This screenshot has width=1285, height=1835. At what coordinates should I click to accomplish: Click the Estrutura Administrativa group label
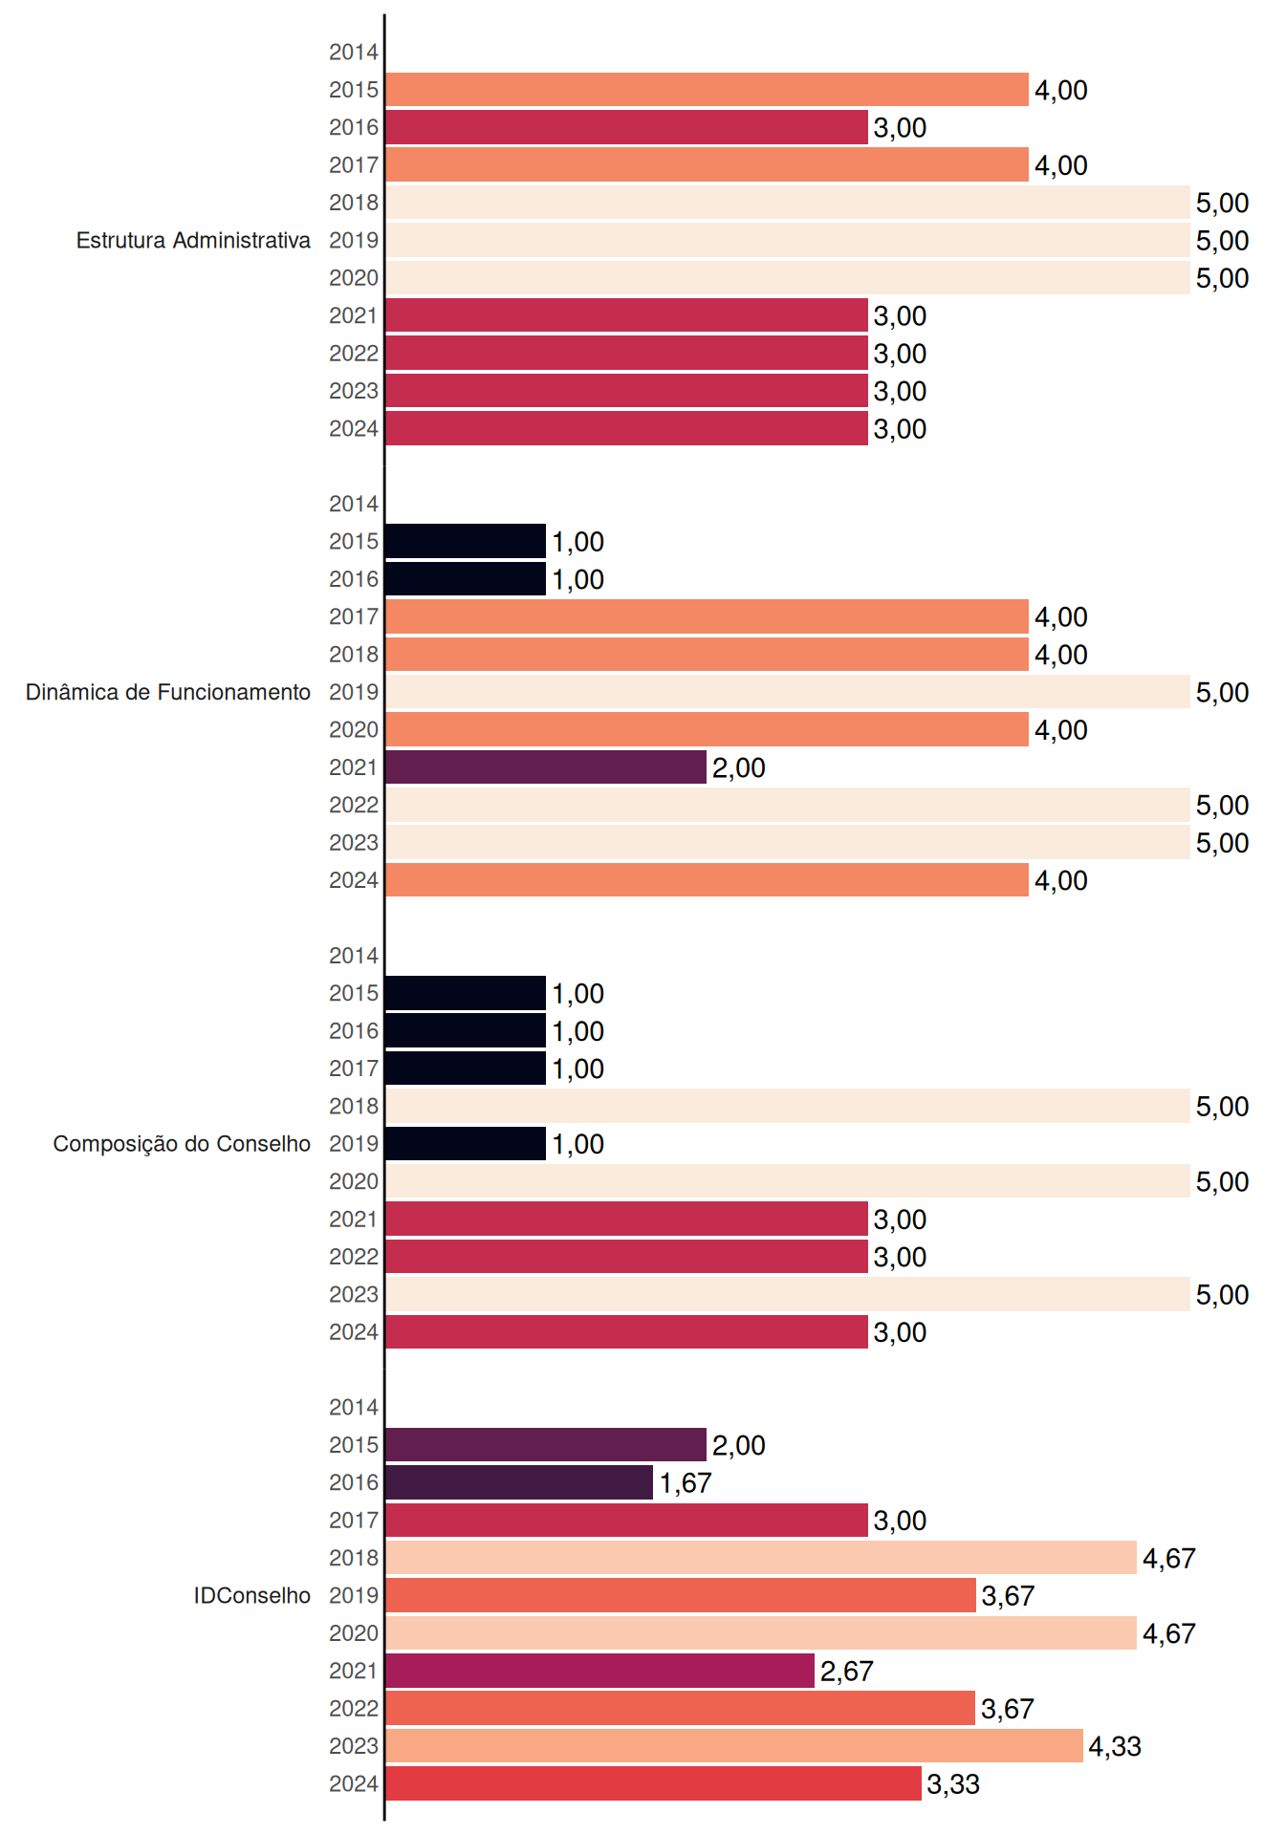click(x=193, y=240)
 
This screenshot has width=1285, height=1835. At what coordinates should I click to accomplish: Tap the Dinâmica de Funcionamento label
click(x=168, y=692)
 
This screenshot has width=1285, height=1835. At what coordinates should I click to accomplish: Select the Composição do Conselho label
click(x=182, y=1144)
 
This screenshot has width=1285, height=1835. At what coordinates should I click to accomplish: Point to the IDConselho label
click(x=252, y=1595)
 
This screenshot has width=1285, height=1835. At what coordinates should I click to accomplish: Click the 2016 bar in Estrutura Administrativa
click(x=626, y=127)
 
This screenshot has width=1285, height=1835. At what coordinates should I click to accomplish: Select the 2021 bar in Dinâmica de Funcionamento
click(x=546, y=767)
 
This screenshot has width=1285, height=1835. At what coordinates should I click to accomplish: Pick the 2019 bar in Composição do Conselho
click(x=466, y=1144)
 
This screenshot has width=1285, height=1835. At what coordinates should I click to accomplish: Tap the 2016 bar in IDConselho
click(x=519, y=1482)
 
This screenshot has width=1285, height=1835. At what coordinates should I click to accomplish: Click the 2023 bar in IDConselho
click(x=734, y=1746)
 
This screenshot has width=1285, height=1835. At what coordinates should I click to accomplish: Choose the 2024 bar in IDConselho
click(x=653, y=1783)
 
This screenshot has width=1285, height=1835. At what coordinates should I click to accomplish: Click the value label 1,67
click(x=686, y=1483)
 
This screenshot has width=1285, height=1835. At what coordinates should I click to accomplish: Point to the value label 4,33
click(x=1115, y=1747)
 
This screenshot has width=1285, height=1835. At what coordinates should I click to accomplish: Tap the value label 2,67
click(x=847, y=1672)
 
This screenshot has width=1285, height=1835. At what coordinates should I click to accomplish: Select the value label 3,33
click(x=953, y=1784)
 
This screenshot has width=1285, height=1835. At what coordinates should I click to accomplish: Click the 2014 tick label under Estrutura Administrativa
click(x=354, y=53)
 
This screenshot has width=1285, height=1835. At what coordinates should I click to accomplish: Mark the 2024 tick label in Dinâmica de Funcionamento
click(x=354, y=880)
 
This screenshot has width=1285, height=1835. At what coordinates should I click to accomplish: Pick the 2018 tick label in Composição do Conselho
click(x=354, y=1106)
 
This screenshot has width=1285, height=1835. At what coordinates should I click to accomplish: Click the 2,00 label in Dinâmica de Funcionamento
click(x=739, y=768)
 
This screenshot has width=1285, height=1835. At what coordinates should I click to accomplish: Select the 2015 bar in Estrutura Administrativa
click(x=707, y=90)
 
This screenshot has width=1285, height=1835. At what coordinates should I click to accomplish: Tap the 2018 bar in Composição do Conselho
click(x=788, y=1106)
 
